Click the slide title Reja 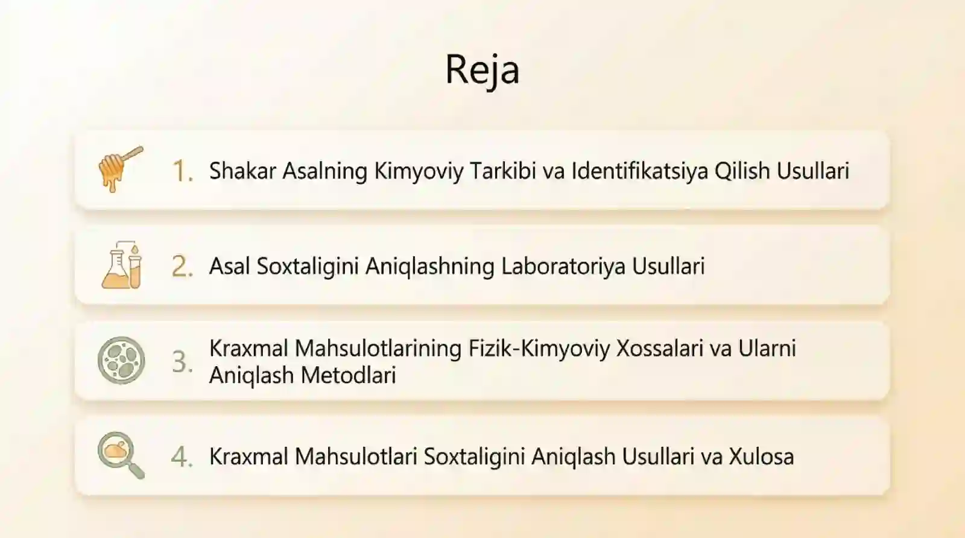click(x=482, y=69)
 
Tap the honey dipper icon click(x=120, y=169)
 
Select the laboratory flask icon click(x=122, y=265)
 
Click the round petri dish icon click(x=121, y=361)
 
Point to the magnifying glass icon click(x=121, y=455)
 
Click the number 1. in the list click(x=182, y=171)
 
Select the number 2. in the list click(x=182, y=267)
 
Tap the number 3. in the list click(x=182, y=362)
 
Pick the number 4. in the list click(x=182, y=457)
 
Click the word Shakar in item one click(x=242, y=171)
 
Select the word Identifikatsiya click(x=639, y=171)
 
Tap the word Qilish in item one click(x=742, y=171)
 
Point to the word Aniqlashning click(x=430, y=267)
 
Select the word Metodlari click(x=349, y=375)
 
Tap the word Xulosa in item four click(x=761, y=457)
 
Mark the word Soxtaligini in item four click(x=474, y=457)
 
